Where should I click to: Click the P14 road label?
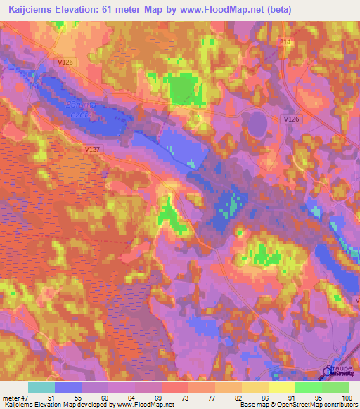(283, 43)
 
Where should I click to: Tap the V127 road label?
(91, 149)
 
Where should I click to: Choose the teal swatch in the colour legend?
(41, 387)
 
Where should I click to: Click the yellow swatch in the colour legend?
(282, 387)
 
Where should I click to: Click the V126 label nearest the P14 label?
(291, 119)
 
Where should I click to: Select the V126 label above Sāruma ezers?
(65, 63)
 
